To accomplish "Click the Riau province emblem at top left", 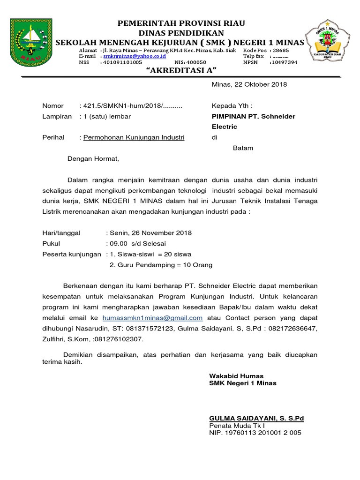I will [x=32, y=42].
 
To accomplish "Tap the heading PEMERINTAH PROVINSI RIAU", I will [x=181, y=23].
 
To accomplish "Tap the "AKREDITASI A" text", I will [x=180, y=70].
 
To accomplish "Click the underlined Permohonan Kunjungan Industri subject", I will [x=134, y=137].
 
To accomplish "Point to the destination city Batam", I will [x=243, y=148].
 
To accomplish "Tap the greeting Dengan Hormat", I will [x=93, y=158].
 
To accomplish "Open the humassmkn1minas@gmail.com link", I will [x=152, y=318].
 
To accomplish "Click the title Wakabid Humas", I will [x=236, y=376].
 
